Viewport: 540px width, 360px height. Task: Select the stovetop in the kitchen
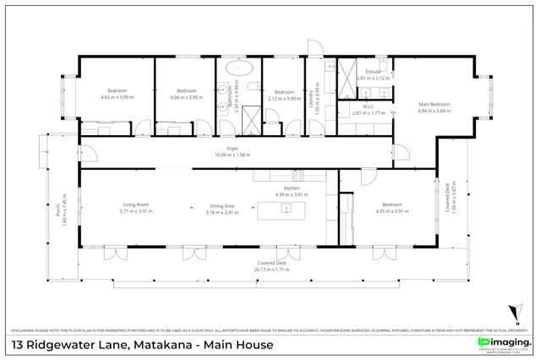tap(297, 176)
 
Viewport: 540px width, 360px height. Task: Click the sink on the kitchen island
tap(286, 208)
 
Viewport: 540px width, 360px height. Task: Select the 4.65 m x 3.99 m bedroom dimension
tap(117, 96)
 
